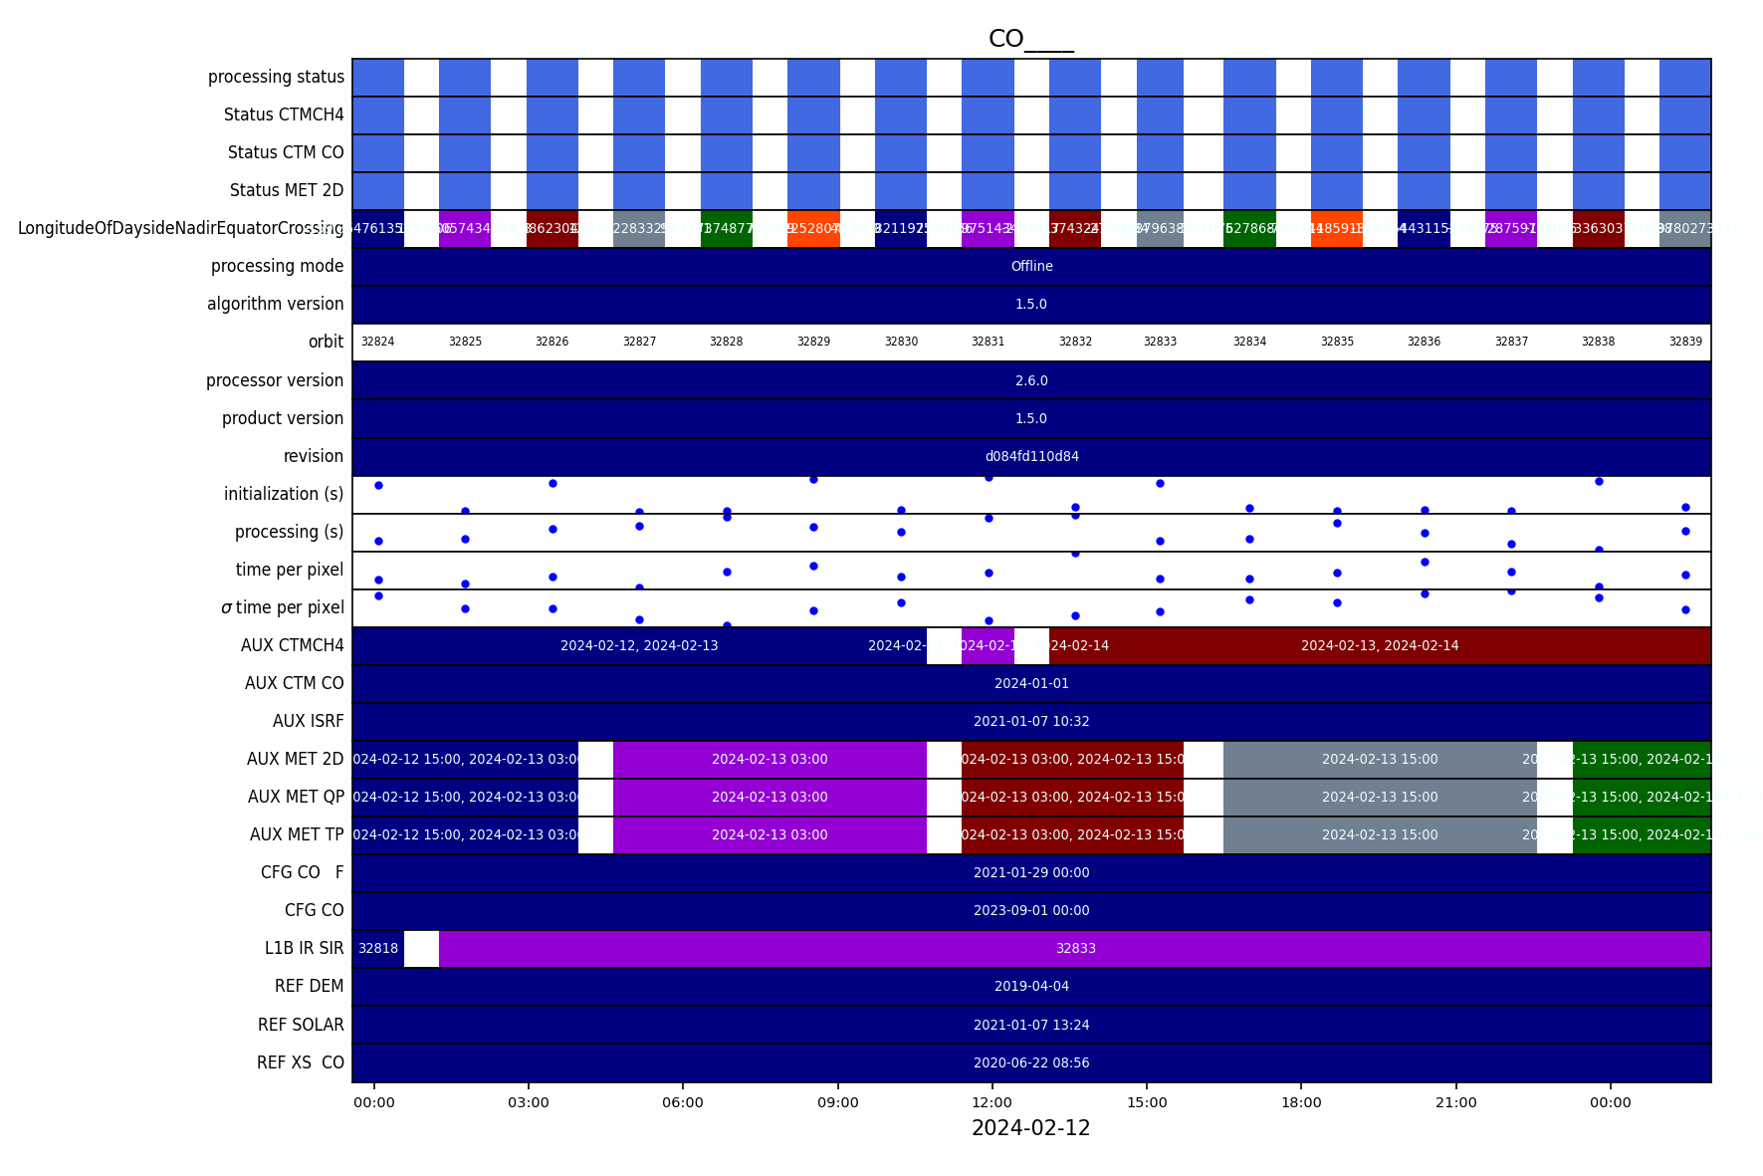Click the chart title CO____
pyautogui.click(x=1030, y=39)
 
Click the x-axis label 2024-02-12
pyautogui.click(x=1030, y=1128)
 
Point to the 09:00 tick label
pyautogui.click(x=837, y=1102)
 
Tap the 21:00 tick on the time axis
pyautogui.click(x=1455, y=1102)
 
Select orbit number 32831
pyautogui.click(x=988, y=342)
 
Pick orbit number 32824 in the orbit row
pyautogui.click(x=377, y=342)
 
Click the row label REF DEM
pyautogui.click(x=309, y=986)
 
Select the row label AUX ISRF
pyautogui.click(x=308, y=721)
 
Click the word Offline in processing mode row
pyautogui.click(x=1031, y=266)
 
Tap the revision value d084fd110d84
pyautogui.click(x=1031, y=456)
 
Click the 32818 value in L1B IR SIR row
pyautogui.click(x=377, y=948)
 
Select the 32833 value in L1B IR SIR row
pyautogui.click(x=1075, y=948)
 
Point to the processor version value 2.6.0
pyautogui.click(x=1031, y=380)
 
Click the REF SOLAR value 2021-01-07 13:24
pyautogui.click(x=1031, y=1025)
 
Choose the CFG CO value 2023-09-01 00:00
pyautogui.click(x=1031, y=910)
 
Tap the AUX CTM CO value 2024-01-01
pyautogui.click(x=1031, y=683)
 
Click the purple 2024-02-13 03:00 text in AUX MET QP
pyautogui.click(x=770, y=797)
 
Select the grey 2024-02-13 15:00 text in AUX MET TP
pyautogui.click(x=1380, y=834)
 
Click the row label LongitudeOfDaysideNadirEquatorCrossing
pyautogui.click(x=180, y=228)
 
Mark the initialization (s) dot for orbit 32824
pyautogui.click(x=378, y=485)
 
